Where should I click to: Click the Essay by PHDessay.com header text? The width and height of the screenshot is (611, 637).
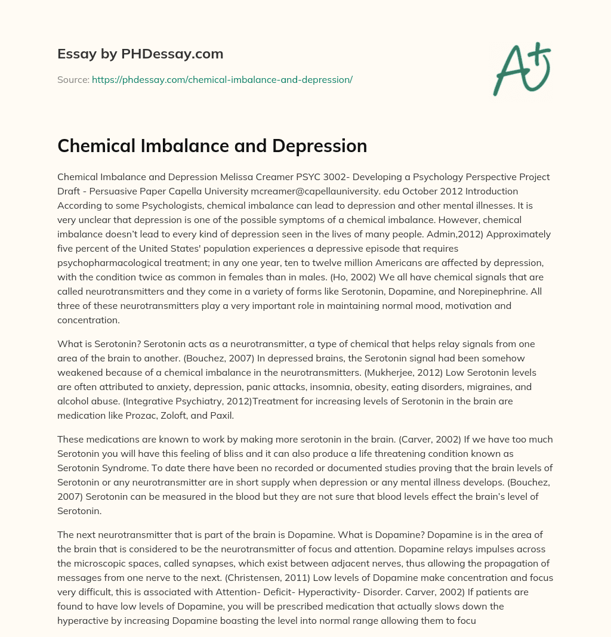pos(140,54)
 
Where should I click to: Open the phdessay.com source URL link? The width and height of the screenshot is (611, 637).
pos(222,79)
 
